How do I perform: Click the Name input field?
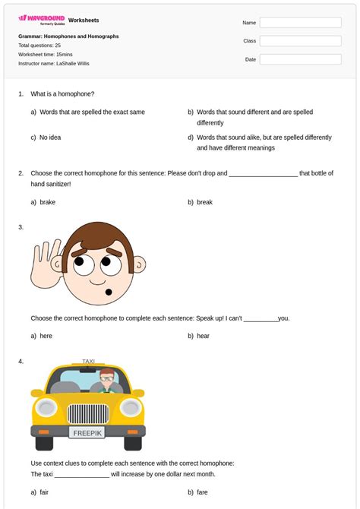[x=300, y=23]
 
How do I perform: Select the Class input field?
[x=300, y=41]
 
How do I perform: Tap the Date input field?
[x=300, y=59]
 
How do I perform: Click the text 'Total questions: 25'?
[x=39, y=46]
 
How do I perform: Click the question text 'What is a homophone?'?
[x=62, y=94]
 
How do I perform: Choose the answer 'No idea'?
[x=49, y=138]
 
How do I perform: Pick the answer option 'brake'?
[x=47, y=202]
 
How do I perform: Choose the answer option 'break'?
[x=204, y=202]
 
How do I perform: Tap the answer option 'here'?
[x=46, y=336]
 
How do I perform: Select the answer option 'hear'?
[x=203, y=336]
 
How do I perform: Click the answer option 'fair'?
[x=45, y=492]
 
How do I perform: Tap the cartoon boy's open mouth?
[x=107, y=292]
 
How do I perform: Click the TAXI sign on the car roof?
[x=90, y=362]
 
